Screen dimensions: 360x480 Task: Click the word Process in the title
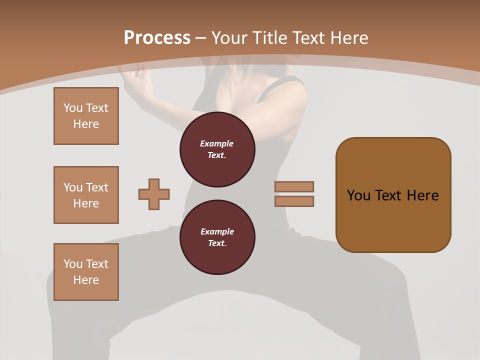pyautogui.click(x=157, y=38)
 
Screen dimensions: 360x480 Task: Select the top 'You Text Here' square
pyautogui.click(x=86, y=116)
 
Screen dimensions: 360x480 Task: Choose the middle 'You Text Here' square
pyautogui.click(x=86, y=195)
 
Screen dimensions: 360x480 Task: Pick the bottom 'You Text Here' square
pyautogui.click(x=86, y=272)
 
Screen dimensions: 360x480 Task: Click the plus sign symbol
pyautogui.click(x=154, y=194)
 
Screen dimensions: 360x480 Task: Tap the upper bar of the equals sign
pyautogui.click(x=294, y=186)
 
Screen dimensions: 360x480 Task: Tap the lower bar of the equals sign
pyautogui.click(x=294, y=201)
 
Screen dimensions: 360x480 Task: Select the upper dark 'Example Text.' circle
pyautogui.click(x=217, y=149)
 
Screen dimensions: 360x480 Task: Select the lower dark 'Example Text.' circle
pyautogui.click(x=217, y=237)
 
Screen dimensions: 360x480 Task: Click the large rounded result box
pyautogui.click(x=393, y=194)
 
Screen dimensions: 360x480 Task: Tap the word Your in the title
pyautogui.click(x=230, y=38)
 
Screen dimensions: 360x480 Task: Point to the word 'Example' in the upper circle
pyautogui.click(x=217, y=143)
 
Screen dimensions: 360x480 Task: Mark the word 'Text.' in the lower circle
pyautogui.click(x=217, y=243)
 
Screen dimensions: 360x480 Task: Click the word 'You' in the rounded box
pyautogui.click(x=358, y=195)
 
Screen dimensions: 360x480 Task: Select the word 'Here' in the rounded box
pyautogui.click(x=422, y=195)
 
